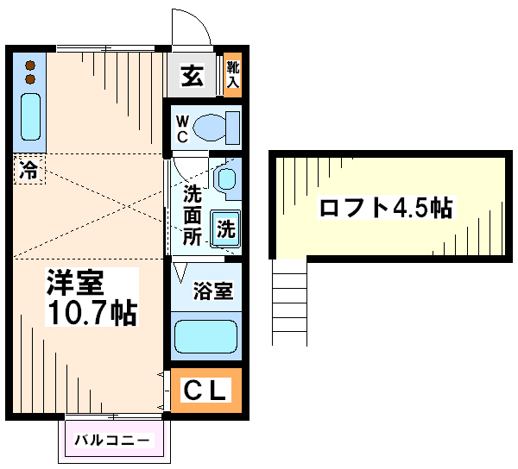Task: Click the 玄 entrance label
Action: tap(192, 76)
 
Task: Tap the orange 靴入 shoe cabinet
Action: tap(232, 74)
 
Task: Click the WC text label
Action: tap(182, 129)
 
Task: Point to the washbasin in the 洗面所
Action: tap(226, 178)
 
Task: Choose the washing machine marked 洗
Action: tap(226, 228)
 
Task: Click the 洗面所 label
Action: tap(193, 215)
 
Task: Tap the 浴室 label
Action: tap(213, 291)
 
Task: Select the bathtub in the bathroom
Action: tap(205, 336)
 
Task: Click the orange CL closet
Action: tap(206, 390)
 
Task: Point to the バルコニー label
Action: tap(111, 440)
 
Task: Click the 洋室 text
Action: tap(75, 282)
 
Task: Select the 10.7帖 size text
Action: tap(92, 312)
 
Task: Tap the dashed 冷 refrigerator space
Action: tap(29, 170)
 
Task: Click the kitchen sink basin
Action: tap(31, 116)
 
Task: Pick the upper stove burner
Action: tap(30, 66)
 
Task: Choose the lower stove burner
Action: tap(30, 79)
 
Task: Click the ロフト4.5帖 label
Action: tap(386, 208)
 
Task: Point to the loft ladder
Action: tap(289, 302)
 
